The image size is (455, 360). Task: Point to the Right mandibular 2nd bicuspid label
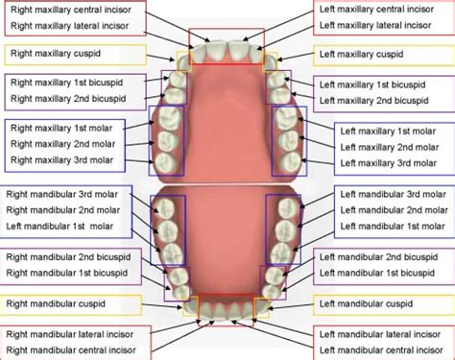click(71, 257)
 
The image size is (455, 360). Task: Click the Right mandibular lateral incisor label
click(73, 334)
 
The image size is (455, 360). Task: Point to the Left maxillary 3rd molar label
click(388, 163)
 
